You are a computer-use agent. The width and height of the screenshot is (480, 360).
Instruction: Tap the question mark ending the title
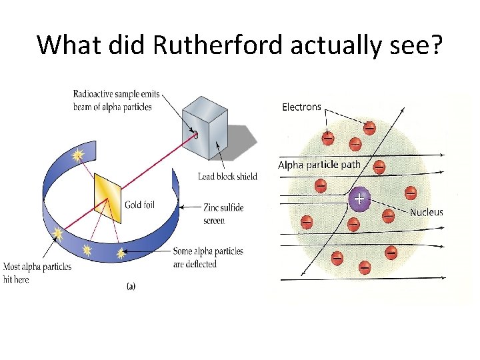pyautogui.click(x=435, y=45)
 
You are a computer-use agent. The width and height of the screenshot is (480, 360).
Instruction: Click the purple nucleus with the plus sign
pyautogui.click(x=359, y=199)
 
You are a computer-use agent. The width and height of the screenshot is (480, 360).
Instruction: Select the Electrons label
pyautogui.click(x=301, y=107)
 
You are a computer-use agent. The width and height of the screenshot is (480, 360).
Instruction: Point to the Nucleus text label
pyautogui.click(x=426, y=213)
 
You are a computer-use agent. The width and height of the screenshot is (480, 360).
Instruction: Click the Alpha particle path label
pyautogui.click(x=319, y=165)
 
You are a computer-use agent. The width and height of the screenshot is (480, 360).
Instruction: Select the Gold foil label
pyautogui.click(x=140, y=205)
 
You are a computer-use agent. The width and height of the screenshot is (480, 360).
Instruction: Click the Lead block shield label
pyautogui.click(x=227, y=177)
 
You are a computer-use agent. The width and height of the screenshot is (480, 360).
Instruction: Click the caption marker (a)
pyautogui.click(x=131, y=286)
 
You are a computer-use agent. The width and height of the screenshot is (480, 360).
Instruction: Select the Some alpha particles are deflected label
pyautogui.click(x=208, y=257)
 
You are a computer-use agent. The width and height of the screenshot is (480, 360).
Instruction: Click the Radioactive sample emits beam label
pyautogui.click(x=117, y=101)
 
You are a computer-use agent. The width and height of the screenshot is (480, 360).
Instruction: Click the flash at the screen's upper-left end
pyautogui.click(x=79, y=156)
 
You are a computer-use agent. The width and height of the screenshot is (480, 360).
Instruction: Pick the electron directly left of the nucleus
pyautogui.click(x=320, y=185)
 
